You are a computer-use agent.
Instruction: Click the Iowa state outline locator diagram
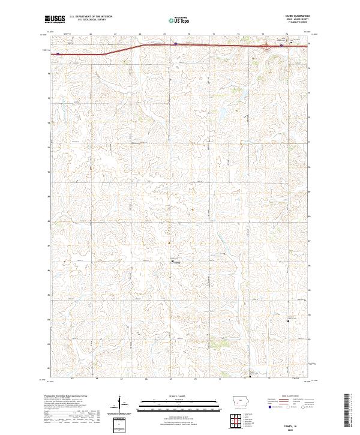point(240,403)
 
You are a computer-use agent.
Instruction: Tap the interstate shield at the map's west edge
point(58,53)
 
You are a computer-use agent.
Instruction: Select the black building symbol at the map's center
point(174,260)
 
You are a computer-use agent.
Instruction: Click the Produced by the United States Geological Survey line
point(64,397)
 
